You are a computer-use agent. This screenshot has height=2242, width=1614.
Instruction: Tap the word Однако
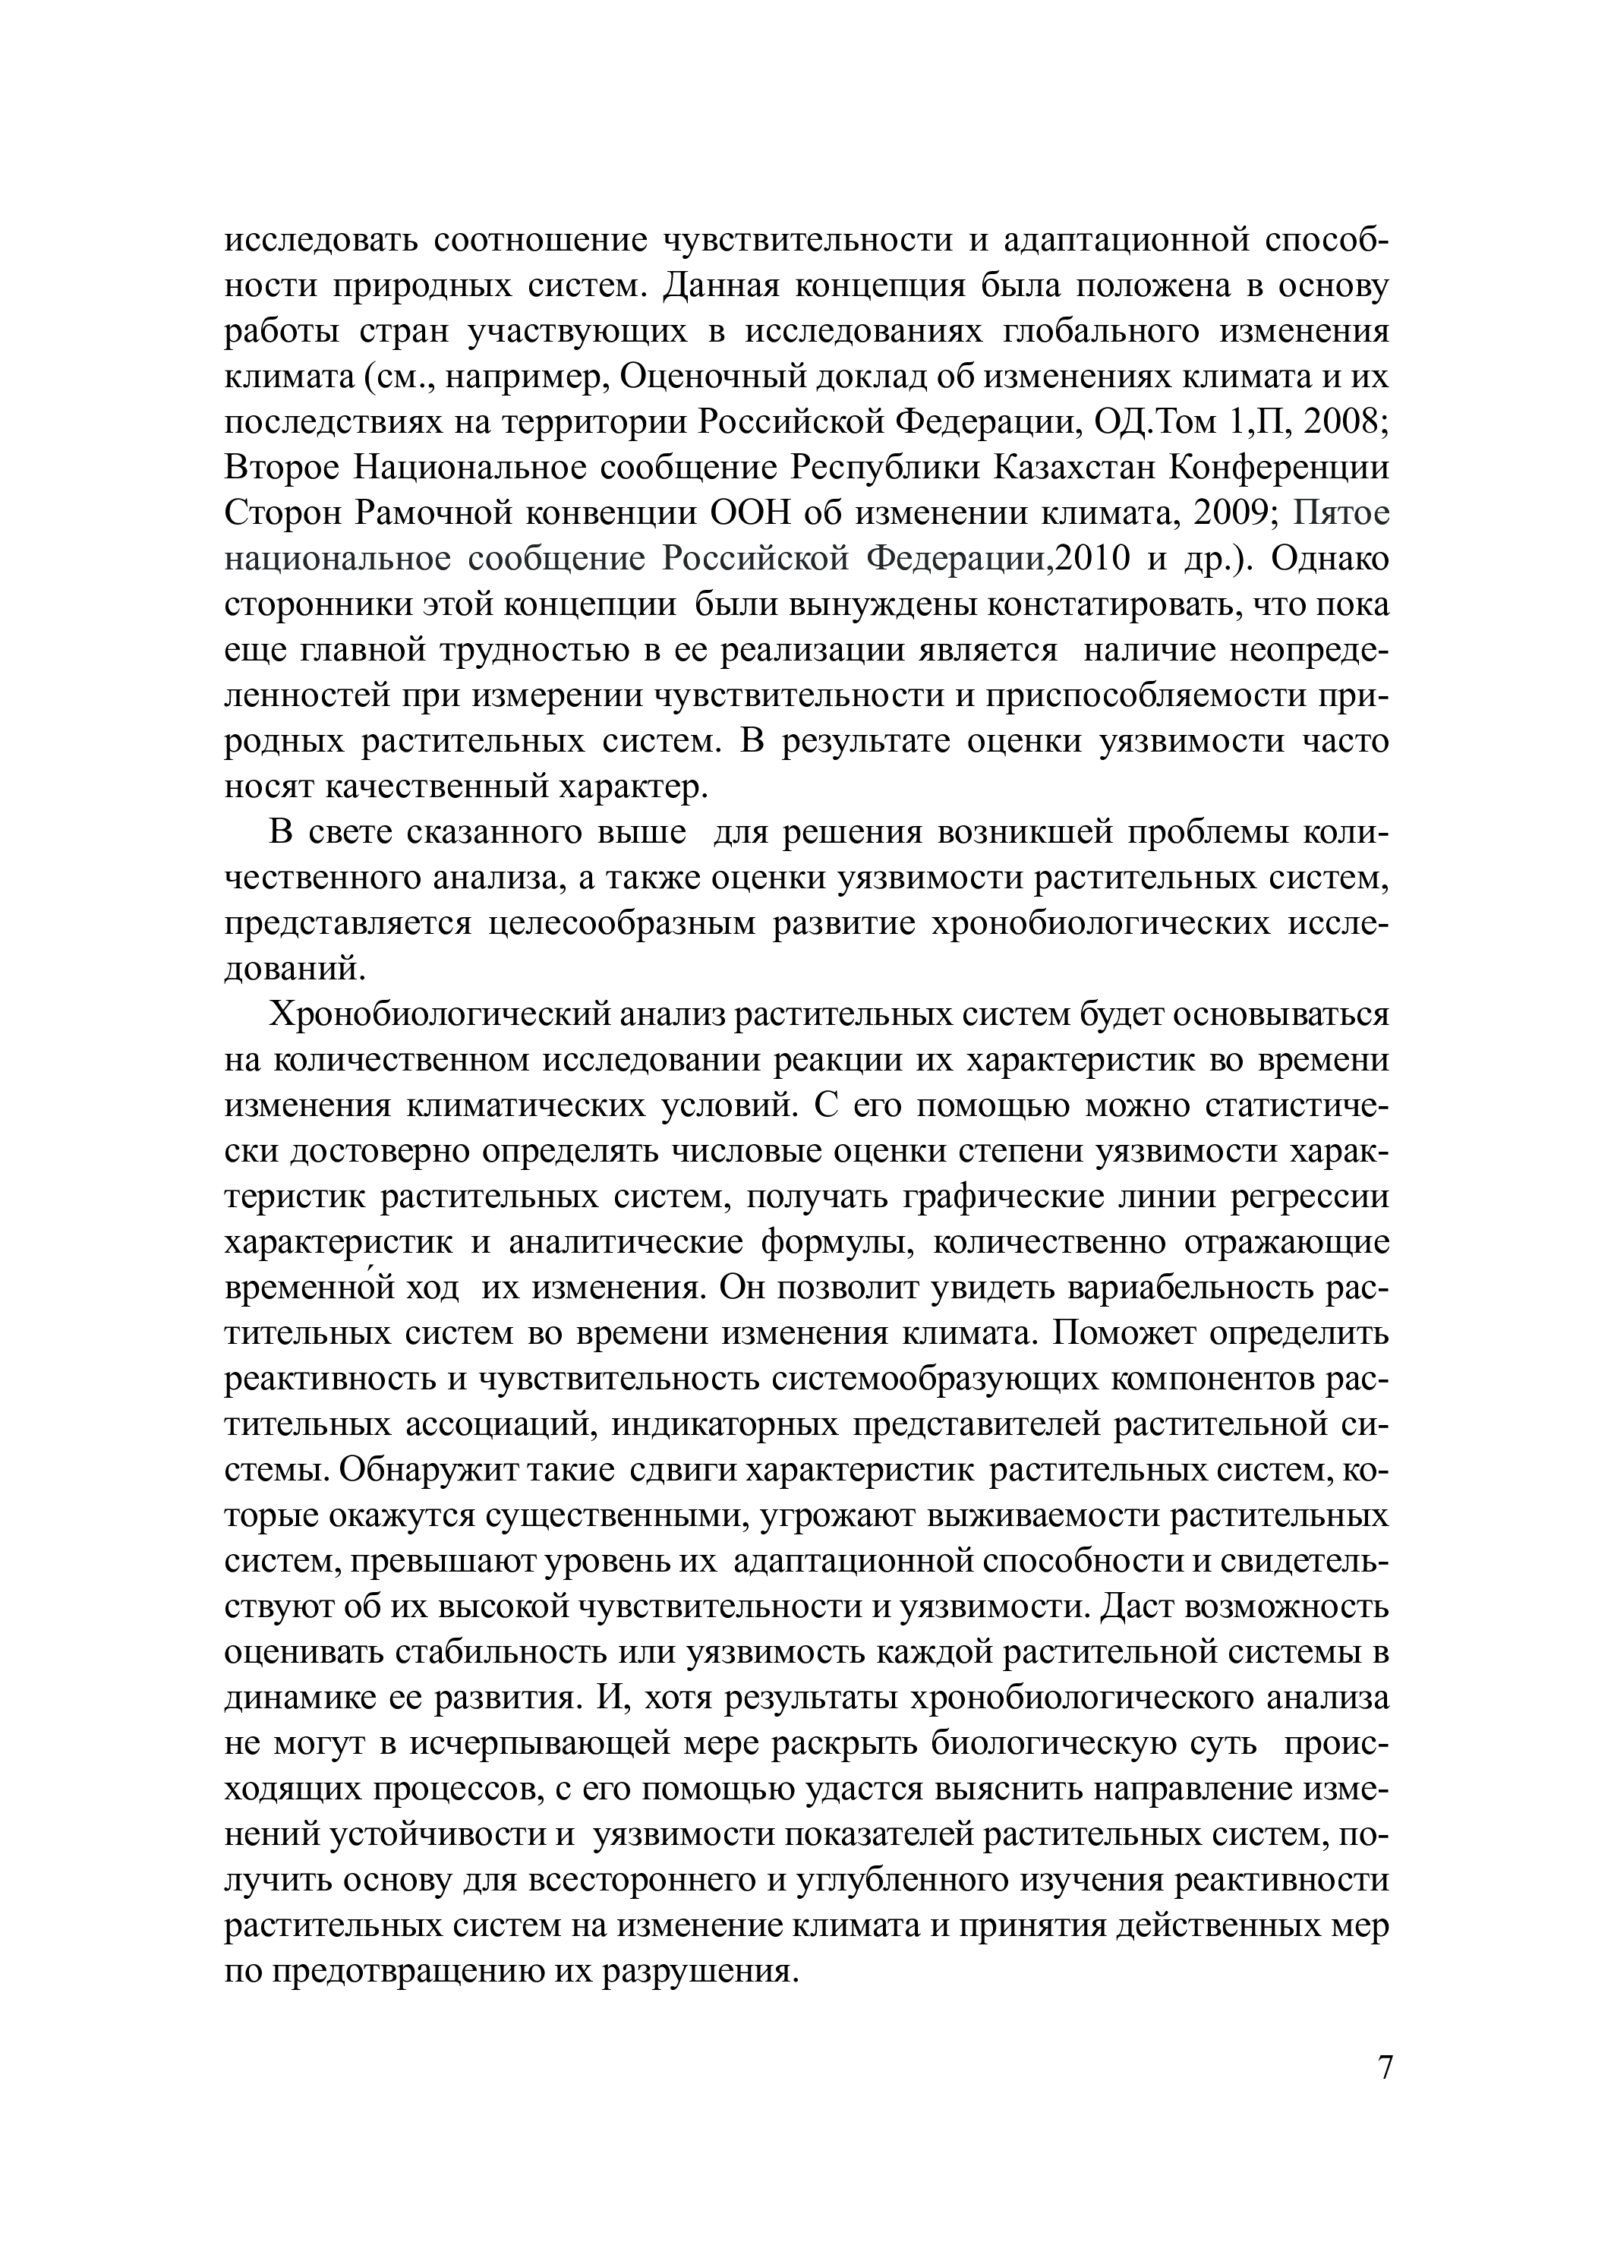(1330, 557)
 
